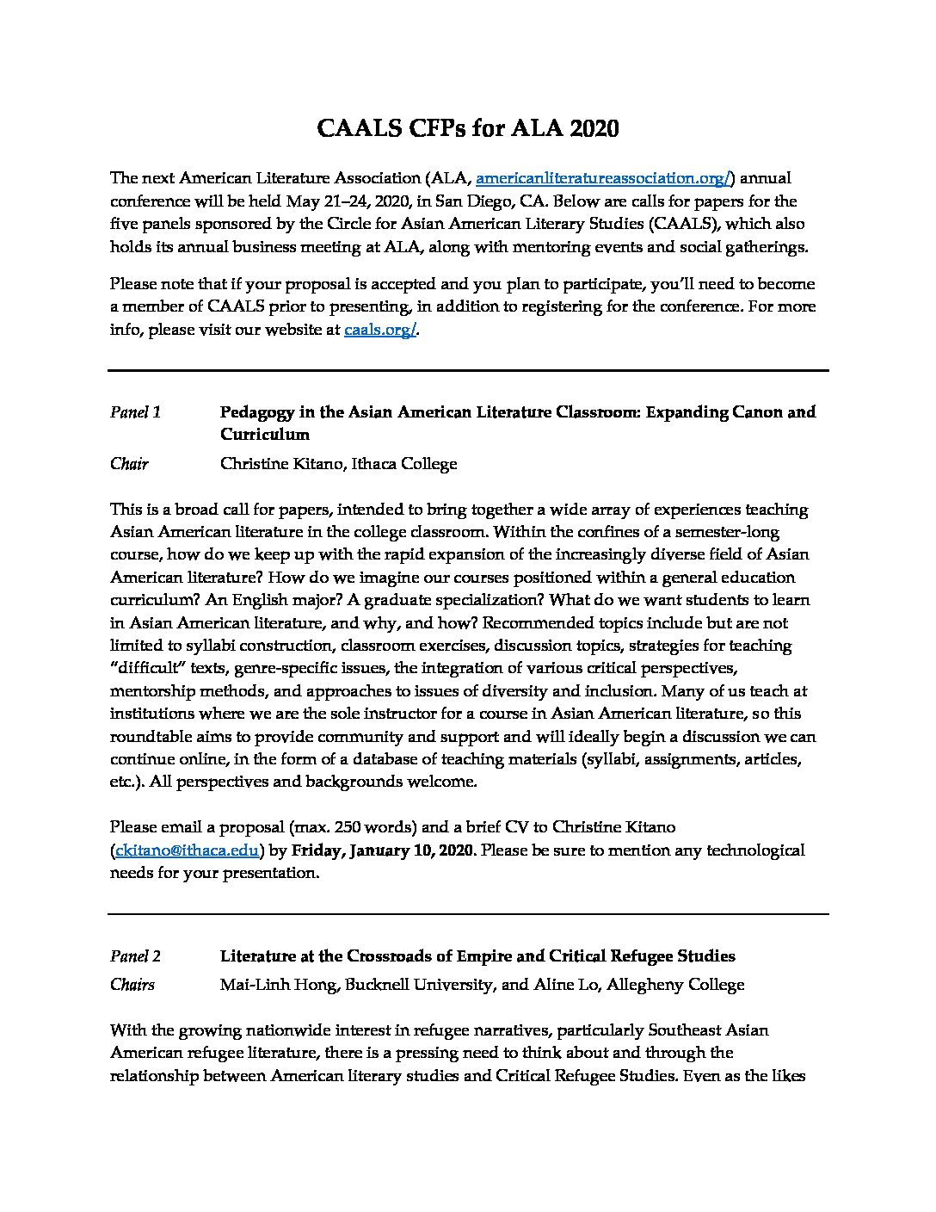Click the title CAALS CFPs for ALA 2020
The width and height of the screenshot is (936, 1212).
(468, 128)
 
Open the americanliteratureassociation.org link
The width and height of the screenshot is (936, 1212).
(603, 179)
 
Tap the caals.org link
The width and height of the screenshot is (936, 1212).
(379, 330)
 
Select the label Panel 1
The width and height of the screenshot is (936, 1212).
(135, 412)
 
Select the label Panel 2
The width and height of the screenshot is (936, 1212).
(135, 956)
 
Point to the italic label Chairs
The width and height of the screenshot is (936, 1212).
(132, 985)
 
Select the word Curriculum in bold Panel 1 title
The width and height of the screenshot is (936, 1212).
(264, 435)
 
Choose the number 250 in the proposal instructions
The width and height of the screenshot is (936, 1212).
(362, 827)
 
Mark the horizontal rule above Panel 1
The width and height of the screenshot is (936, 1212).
(468, 371)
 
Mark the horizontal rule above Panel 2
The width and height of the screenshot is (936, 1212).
(468, 914)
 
